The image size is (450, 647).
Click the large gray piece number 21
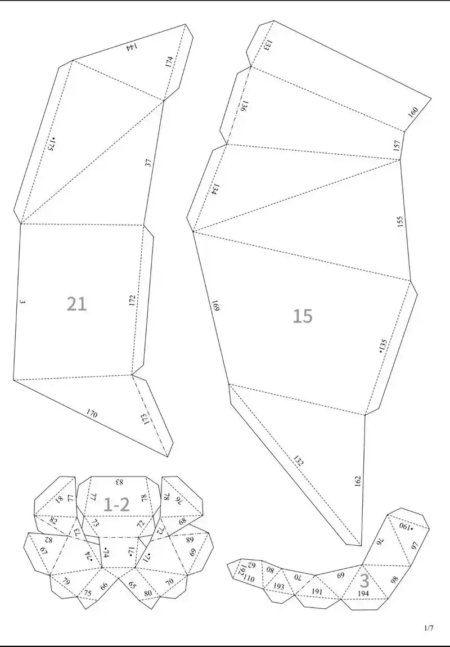coord(76,304)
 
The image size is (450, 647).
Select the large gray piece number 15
coord(303,316)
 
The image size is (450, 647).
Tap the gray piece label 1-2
coord(116,505)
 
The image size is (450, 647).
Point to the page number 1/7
coord(429,628)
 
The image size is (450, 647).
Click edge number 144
coord(132,47)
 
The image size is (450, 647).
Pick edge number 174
coord(169,62)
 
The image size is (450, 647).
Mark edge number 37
coord(148,163)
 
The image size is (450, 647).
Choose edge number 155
coord(399,222)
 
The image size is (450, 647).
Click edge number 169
coord(215,305)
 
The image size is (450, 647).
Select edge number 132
coord(298,461)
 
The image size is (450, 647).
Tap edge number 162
coord(358,481)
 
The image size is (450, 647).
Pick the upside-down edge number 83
coord(119,482)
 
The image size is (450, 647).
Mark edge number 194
coord(363,594)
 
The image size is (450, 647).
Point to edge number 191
coord(317,591)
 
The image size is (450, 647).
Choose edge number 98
coord(394,579)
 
